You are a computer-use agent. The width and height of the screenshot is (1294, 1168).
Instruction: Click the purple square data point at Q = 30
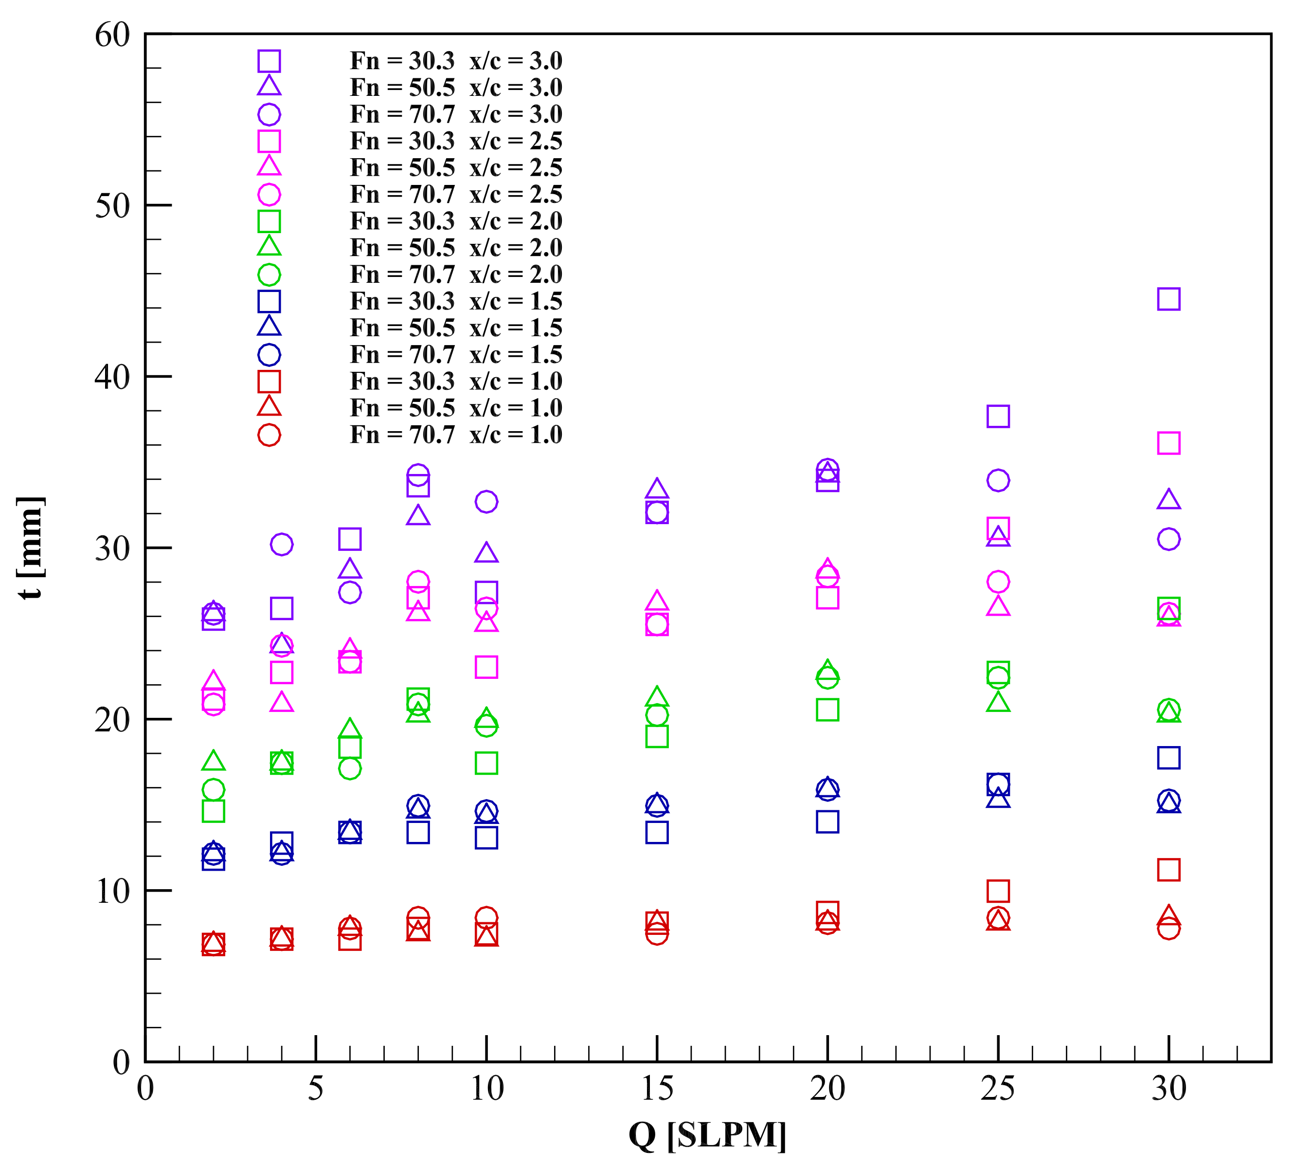(x=1168, y=299)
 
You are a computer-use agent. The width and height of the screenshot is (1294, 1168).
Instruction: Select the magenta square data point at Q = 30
(x=1168, y=443)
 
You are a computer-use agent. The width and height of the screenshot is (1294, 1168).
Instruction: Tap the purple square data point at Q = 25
(x=998, y=417)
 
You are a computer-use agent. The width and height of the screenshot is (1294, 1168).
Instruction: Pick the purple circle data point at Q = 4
(x=282, y=544)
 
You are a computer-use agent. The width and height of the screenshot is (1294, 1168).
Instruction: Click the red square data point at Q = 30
(x=1168, y=870)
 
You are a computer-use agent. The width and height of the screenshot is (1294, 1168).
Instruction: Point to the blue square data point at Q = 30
(x=1168, y=758)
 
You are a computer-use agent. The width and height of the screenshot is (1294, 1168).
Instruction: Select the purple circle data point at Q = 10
(x=486, y=501)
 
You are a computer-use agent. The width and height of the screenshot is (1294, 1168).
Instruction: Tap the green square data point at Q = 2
(x=214, y=811)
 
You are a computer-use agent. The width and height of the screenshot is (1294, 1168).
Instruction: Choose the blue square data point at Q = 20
(x=827, y=821)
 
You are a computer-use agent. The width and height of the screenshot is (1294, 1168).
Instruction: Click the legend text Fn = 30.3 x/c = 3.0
(x=455, y=61)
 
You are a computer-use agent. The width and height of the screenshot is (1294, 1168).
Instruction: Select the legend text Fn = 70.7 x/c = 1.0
(x=455, y=435)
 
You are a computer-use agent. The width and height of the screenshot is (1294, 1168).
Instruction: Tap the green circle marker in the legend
(x=269, y=274)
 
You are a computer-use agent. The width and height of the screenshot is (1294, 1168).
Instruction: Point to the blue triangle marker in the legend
(x=269, y=327)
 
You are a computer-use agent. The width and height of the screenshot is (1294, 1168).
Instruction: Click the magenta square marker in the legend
(x=269, y=141)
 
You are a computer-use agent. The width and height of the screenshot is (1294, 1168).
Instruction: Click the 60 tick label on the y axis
(x=112, y=36)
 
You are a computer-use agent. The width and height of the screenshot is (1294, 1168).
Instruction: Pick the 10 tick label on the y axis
(x=112, y=891)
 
